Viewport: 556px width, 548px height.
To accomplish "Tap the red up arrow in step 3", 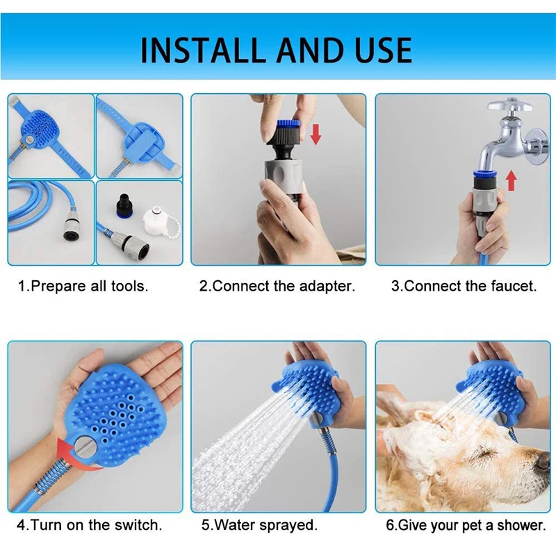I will (x=512, y=179).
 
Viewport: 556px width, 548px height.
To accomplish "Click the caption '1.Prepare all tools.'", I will (x=83, y=286).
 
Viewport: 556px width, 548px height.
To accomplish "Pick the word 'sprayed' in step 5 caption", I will (x=288, y=525).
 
